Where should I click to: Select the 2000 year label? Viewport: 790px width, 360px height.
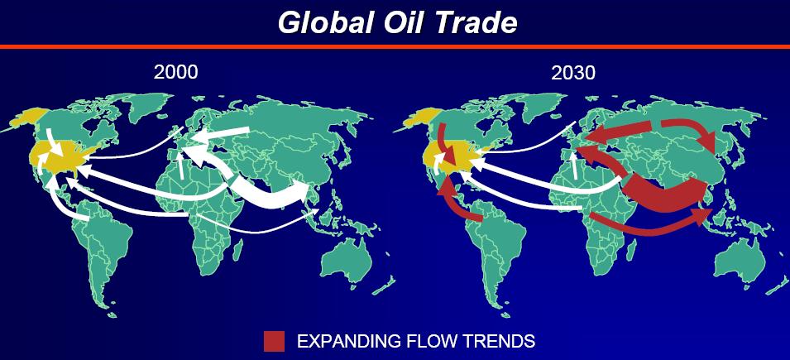(176, 73)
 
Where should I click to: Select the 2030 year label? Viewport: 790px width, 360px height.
(573, 73)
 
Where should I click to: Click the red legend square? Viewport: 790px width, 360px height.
(274, 341)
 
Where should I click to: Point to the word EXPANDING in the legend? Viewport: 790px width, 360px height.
(347, 341)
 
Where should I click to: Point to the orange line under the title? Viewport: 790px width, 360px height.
(395, 46)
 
